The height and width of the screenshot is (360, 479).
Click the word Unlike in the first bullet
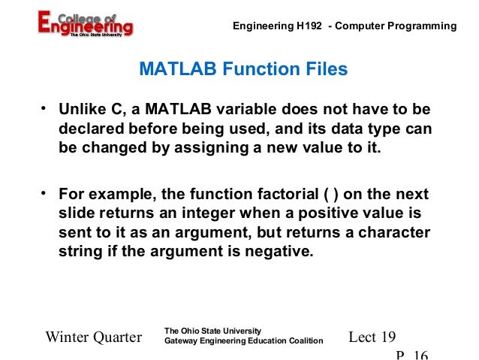coord(81,112)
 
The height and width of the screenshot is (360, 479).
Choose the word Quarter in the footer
coord(117,337)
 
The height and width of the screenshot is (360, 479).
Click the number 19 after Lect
coord(387,337)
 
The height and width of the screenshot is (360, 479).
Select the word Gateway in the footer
coord(182,342)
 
